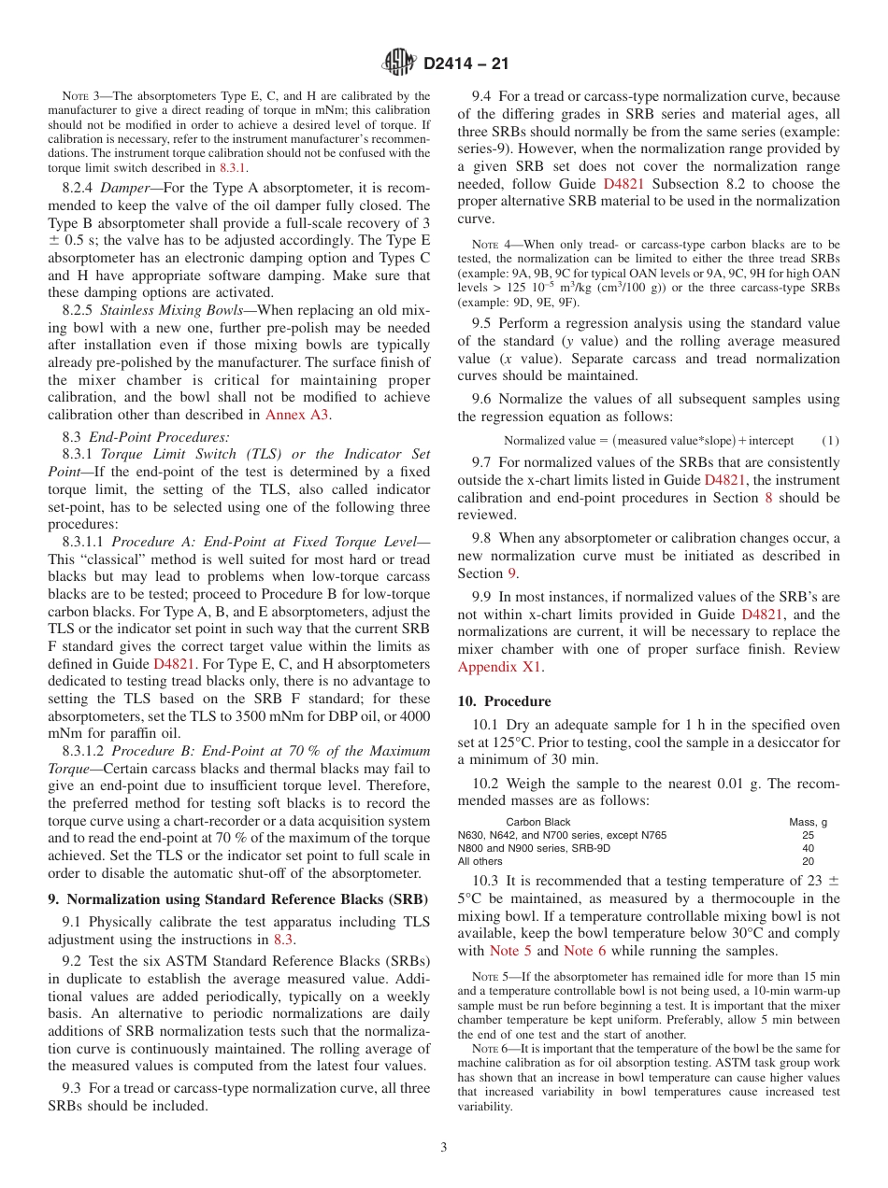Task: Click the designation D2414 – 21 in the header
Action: tap(465, 64)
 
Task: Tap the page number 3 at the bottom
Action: tap(443, 1147)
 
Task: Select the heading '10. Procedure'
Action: tap(504, 701)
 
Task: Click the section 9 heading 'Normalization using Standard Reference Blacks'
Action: tap(238, 899)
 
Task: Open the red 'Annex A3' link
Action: tap(297, 415)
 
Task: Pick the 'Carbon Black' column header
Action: tap(537, 822)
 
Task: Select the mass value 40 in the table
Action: tap(808, 848)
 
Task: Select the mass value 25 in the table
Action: tap(808, 835)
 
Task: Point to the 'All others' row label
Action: tap(480, 861)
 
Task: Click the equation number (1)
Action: tap(829, 441)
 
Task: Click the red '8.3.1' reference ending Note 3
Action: tap(232, 168)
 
